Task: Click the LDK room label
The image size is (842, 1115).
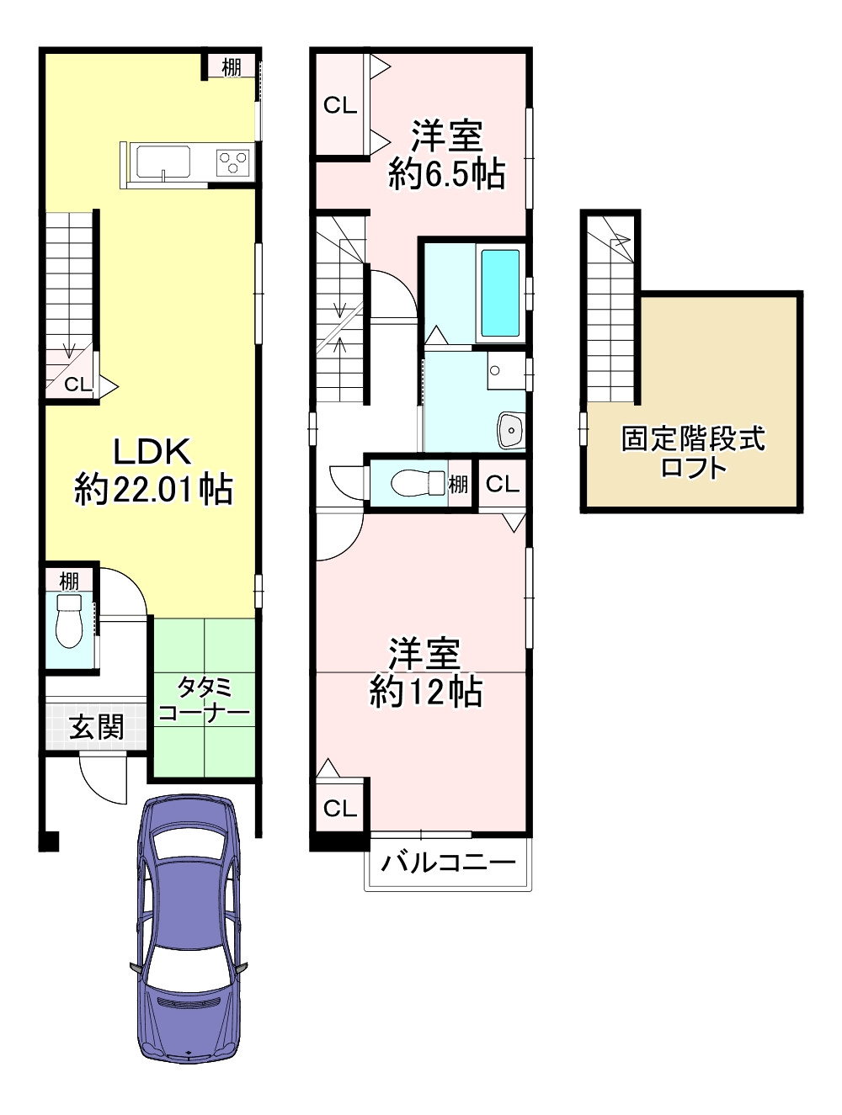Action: pos(152,451)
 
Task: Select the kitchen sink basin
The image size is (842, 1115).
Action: pos(163,162)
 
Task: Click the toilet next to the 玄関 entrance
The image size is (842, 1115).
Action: pos(68,621)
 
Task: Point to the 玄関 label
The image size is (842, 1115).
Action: pos(97,726)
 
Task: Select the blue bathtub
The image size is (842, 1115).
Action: pos(500,293)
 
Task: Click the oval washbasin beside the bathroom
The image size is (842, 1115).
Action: pos(510,430)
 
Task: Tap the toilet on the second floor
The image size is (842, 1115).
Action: pos(418,482)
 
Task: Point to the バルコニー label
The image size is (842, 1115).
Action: pos(448,863)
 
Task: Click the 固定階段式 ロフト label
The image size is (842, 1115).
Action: pos(693,452)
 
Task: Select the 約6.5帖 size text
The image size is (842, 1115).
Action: pos(446,175)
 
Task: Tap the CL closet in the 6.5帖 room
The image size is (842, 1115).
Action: pos(340,105)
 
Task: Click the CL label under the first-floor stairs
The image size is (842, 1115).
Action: pos(77,385)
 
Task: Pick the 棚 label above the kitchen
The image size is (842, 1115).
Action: pos(232,66)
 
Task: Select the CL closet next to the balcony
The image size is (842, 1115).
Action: pos(340,809)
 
